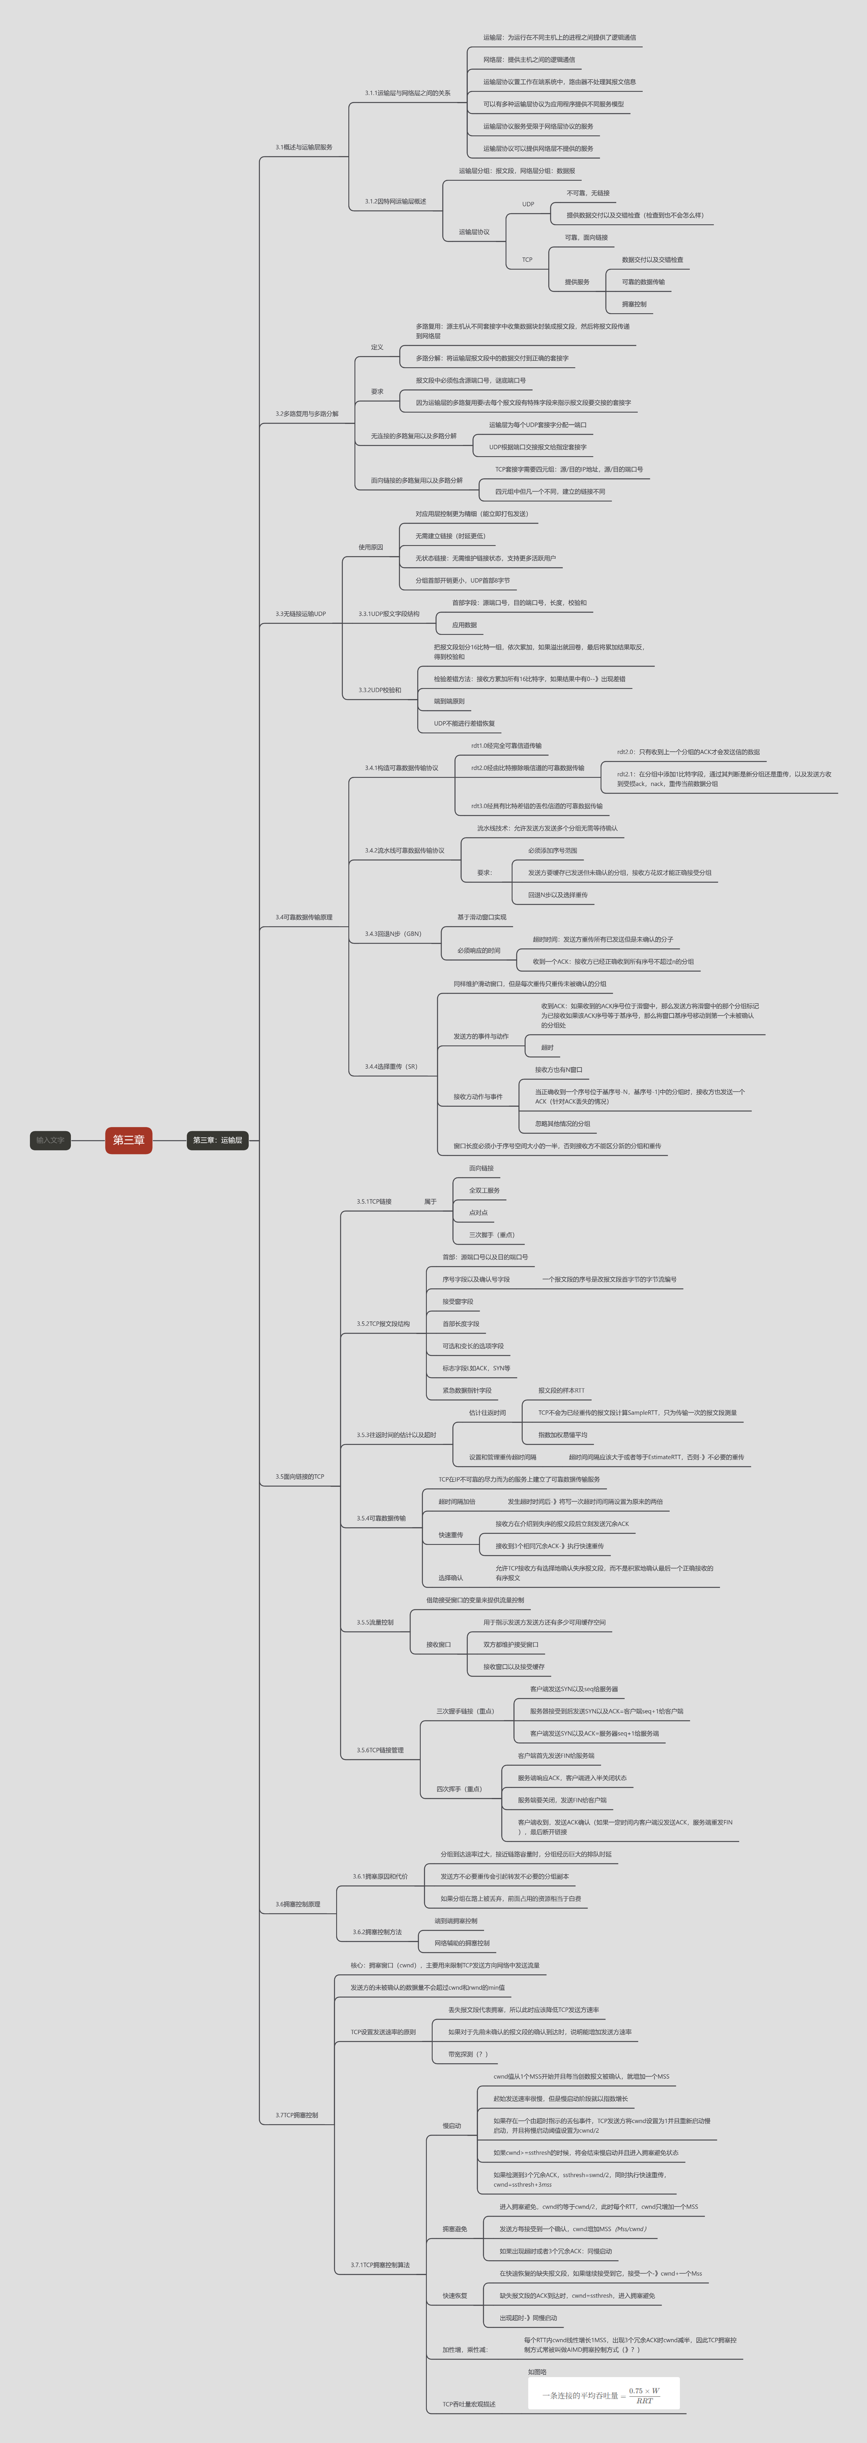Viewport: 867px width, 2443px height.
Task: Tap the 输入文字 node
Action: (x=50, y=1140)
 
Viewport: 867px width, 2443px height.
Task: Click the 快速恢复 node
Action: (x=454, y=2296)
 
